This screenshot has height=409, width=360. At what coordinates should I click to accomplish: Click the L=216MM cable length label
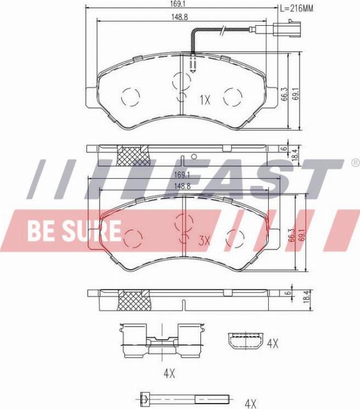tap(296, 8)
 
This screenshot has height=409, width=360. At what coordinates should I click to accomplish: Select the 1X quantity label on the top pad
tap(205, 100)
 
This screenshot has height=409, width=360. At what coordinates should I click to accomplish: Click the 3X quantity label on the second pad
tap(205, 240)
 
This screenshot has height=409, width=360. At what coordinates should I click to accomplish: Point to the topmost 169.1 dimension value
tap(181, 4)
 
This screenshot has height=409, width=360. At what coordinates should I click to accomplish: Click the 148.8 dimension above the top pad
tap(179, 17)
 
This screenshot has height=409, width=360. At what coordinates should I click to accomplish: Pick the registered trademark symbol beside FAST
tap(356, 163)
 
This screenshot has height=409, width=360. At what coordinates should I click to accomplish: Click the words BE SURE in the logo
tap(74, 231)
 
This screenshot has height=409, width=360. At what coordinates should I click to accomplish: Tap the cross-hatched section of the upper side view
tap(133, 156)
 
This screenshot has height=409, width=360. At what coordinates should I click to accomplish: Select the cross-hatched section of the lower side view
tap(134, 300)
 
